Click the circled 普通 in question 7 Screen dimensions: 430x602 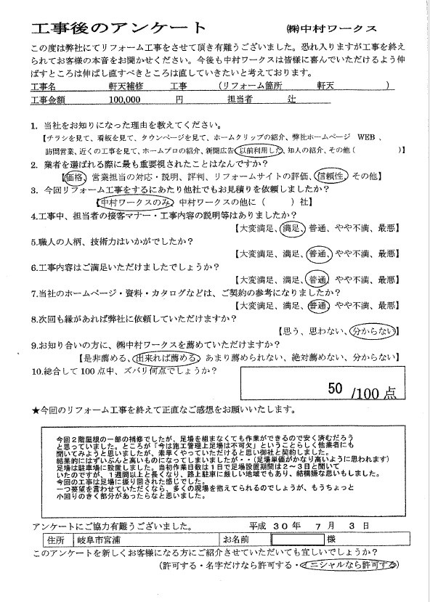tap(317, 306)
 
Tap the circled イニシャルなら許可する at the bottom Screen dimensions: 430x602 tap(353, 564)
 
